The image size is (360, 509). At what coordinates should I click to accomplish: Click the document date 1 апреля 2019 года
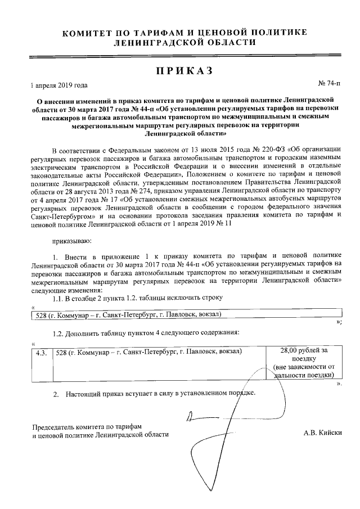59,85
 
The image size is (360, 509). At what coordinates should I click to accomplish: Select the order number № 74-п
329,83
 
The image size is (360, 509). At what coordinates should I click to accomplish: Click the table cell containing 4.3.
40,352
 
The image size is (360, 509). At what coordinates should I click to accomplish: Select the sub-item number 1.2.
58,333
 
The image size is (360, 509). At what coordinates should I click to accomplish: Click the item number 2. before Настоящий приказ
56,393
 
